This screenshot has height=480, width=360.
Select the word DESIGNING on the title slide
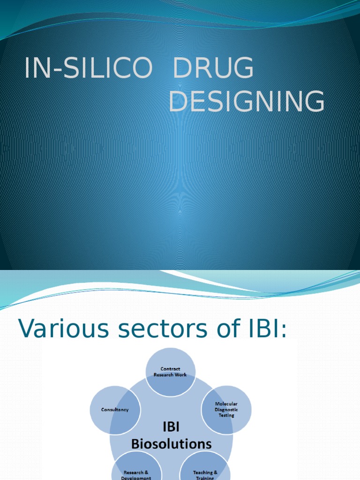(x=247, y=102)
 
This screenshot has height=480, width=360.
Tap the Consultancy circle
(x=115, y=409)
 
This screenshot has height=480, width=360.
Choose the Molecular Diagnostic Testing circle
(x=226, y=409)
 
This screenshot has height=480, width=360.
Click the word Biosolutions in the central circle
(x=171, y=443)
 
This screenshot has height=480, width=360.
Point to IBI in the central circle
(x=171, y=427)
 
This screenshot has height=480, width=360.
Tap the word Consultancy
(x=115, y=409)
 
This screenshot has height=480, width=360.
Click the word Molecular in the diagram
(x=226, y=404)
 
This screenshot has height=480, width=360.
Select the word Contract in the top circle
(x=170, y=369)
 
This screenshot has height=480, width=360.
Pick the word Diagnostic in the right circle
(x=226, y=409)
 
